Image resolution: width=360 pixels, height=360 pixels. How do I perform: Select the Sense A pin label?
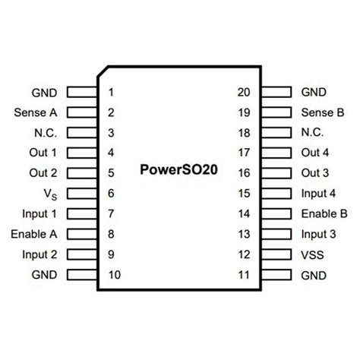[x=34, y=113]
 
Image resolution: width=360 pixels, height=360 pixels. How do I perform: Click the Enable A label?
[x=35, y=234]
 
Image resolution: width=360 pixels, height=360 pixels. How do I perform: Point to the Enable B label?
[x=324, y=213]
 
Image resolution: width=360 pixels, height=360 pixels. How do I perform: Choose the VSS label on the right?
[x=314, y=254]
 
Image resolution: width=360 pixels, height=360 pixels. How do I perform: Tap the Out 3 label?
[x=315, y=173]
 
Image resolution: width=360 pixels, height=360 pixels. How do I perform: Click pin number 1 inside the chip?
[x=112, y=93]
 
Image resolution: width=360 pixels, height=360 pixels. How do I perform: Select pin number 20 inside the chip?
[x=244, y=93]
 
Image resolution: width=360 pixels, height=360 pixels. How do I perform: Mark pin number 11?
[x=244, y=274]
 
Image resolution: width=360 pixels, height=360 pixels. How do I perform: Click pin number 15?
[x=244, y=194]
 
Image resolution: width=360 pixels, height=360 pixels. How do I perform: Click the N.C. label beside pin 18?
[x=313, y=133]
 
